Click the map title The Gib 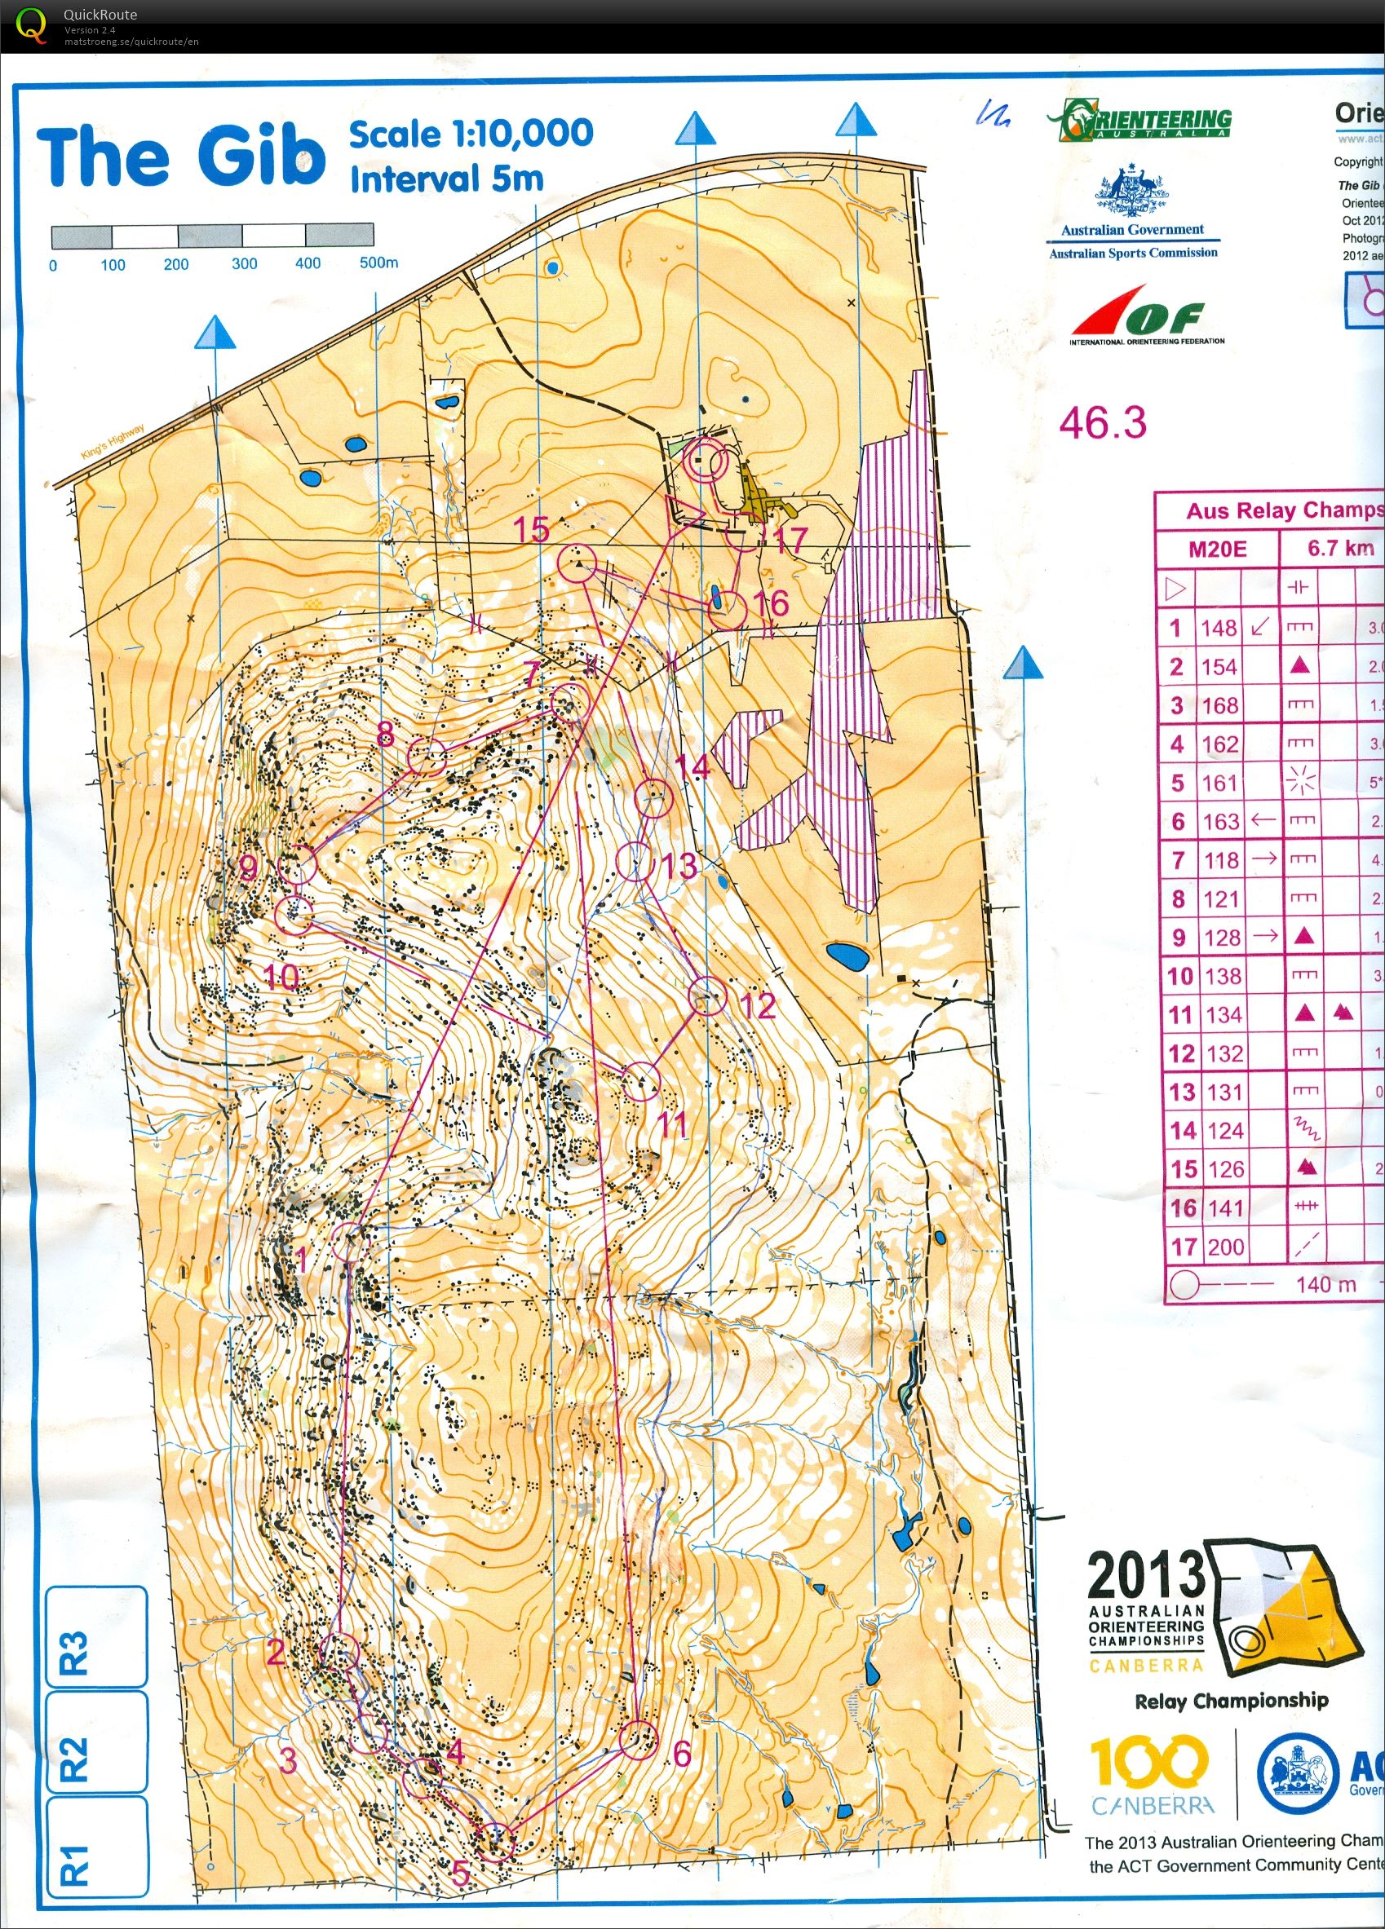[x=181, y=157]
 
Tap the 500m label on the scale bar [x=378, y=263]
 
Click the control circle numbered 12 [x=706, y=996]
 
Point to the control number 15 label [x=531, y=530]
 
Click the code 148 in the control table [x=1219, y=628]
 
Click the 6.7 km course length [x=1340, y=549]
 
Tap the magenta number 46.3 [x=1103, y=422]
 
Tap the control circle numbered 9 [x=297, y=865]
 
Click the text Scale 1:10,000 [x=471, y=134]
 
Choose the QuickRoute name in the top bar [x=100, y=15]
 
